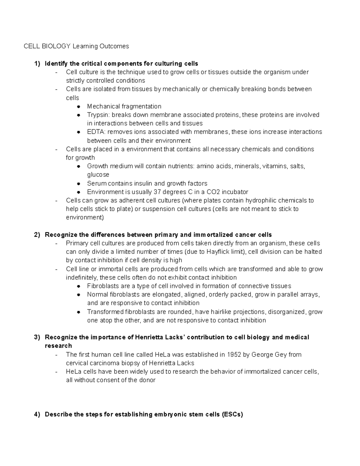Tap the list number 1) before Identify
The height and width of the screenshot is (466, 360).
(37, 64)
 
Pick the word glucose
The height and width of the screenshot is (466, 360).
(98, 175)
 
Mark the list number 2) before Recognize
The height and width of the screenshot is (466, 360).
(37, 235)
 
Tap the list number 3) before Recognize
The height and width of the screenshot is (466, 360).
(37, 338)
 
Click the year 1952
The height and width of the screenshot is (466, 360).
(234, 355)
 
